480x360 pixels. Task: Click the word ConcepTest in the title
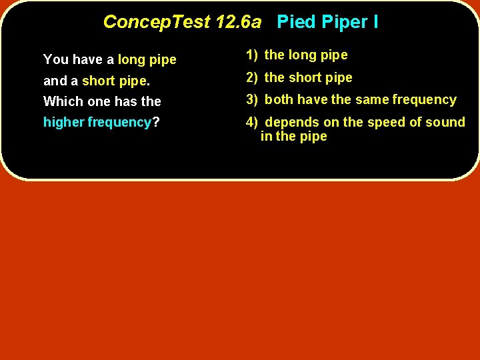[x=157, y=23]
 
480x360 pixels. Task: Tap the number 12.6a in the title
[x=239, y=23]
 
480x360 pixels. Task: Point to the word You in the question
[x=56, y=60]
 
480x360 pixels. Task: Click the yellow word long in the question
[x=131, y=60]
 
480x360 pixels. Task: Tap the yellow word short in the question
[x=99, y=81]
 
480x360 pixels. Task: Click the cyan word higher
[x=64, y=123]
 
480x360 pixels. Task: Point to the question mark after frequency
[x=155, y=123]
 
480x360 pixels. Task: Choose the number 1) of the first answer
[x=251, y=55]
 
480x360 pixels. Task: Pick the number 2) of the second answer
[x=251, y=78]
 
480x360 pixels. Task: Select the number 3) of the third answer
[x=251, y=100]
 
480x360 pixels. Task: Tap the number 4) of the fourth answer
[x=251, y=122]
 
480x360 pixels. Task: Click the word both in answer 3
[x=279, y=100]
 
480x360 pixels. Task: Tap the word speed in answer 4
[x=383, y=123]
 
